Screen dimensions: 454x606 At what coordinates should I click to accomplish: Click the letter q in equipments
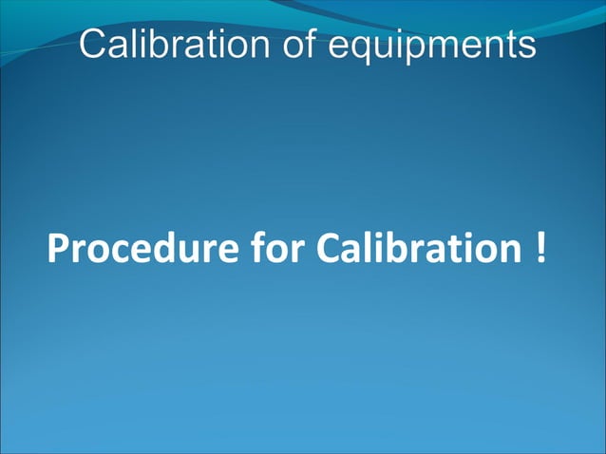(363, 47)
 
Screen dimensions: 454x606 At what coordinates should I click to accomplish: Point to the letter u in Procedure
(187, 252)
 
